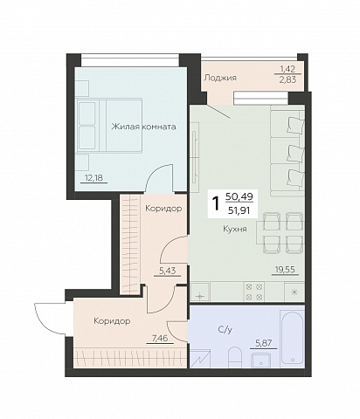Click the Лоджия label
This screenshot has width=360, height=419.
click(220, 78)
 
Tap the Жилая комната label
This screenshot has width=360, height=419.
click(143, 127)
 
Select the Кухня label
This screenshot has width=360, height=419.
click(235, 229)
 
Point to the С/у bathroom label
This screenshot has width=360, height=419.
click(225, 329)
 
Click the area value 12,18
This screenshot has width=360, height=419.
click(93, 177)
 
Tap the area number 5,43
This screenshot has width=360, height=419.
click(167, 271)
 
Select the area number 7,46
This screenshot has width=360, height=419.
click(160, 338)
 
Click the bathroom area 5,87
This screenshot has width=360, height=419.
click(263, 343)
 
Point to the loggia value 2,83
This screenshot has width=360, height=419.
click(287, 79)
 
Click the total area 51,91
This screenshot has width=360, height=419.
click(239, 209)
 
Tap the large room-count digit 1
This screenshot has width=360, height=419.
click(216, 203)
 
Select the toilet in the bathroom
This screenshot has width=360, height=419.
click(234, 357)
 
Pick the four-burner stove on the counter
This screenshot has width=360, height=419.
click(254, 292)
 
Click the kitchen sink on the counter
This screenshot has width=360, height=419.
click(199, 292)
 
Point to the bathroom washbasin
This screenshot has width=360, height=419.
click(260, 361)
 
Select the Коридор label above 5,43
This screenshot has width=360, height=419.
click(163, 209)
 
